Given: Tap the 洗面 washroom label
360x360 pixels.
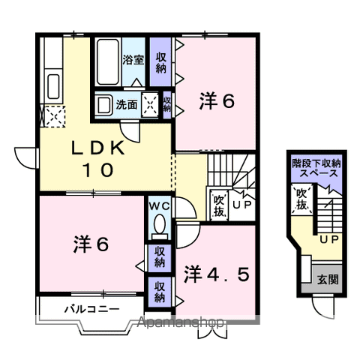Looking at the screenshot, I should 127,105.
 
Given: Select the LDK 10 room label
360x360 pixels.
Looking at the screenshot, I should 98,159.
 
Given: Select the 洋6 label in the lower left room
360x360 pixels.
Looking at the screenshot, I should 92,244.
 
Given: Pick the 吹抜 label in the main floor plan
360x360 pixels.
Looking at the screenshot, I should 219,204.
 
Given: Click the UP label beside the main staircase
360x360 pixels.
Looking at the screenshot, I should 241,205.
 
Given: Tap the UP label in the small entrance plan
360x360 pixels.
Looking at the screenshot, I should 328,240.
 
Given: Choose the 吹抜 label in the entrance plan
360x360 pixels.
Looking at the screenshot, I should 301,199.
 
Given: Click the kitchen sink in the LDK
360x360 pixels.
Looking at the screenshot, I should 53,84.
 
